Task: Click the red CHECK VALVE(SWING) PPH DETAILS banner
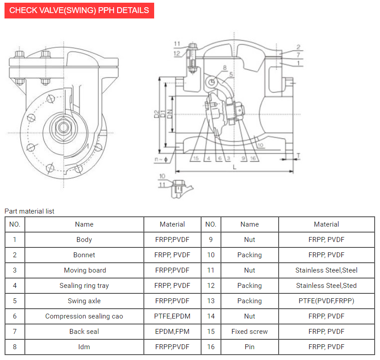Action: point(79,10)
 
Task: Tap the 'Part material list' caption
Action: point(29,211)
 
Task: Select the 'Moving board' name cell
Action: point(85,270)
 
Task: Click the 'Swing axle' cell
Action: point(84,301)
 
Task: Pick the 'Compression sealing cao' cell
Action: point(84,316)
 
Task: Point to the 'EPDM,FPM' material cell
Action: point(172,332)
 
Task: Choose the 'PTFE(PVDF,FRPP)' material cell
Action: point(326,301)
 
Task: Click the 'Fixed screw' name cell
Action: point(249,332)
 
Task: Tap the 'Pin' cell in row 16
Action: point(249,347)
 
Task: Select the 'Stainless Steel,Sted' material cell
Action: point(326,286)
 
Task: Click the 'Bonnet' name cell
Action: point(84,255)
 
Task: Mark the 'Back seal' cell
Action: point(84,332)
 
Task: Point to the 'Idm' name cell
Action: point(84,347)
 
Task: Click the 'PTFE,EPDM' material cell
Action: point(172,316)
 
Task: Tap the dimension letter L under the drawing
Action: point(234,167)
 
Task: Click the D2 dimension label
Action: point(156,114)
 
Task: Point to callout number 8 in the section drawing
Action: point(224,68)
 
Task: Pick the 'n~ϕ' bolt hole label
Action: point(160,159)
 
